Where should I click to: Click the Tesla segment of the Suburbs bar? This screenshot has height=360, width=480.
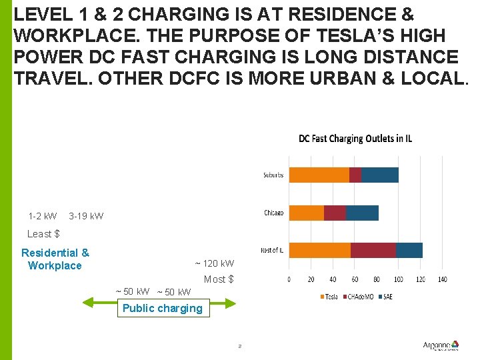click(319, 175)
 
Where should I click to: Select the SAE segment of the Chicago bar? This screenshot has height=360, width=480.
click(362, 213)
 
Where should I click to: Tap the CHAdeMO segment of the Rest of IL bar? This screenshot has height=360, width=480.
click(373, 250)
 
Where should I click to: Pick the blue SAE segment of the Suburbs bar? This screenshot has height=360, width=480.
click(379, 175)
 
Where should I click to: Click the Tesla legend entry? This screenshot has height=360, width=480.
click(329, 297)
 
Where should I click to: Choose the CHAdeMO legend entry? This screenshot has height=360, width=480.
click(360, 297)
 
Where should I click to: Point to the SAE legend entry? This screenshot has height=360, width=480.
click(387, 297)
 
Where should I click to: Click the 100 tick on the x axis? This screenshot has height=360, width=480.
click(399, 279)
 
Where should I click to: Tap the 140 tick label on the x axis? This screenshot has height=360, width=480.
click(442, 279)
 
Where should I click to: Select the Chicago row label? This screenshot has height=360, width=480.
click(273, 213)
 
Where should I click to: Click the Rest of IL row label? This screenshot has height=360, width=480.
click(271, 250)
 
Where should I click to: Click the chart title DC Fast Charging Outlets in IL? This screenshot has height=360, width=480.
click(355, 139)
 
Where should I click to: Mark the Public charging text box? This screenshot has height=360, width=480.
click(162, 308)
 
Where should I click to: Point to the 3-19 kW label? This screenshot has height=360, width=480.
click(86, 216)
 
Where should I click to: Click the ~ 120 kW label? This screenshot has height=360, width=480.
click(214, 263)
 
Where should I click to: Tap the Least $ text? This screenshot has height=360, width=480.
click(43, 234)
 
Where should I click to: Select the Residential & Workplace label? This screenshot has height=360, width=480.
click(55, 259)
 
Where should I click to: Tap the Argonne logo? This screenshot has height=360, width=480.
click(441, 345)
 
